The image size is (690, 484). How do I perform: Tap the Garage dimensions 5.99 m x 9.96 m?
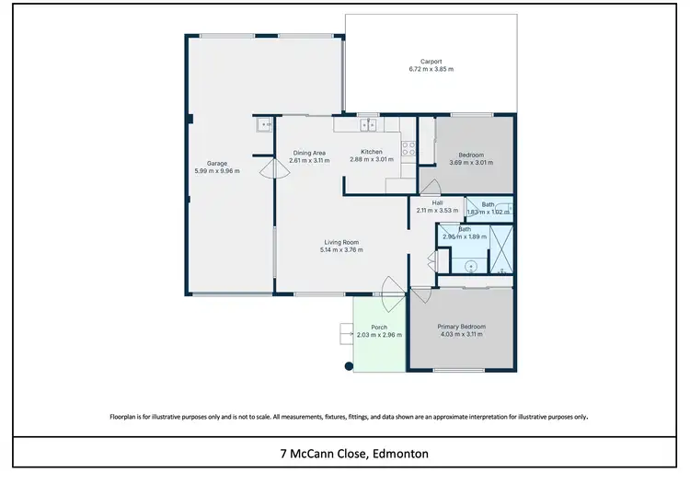[x=217, y=171]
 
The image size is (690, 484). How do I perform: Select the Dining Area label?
[x=309, y=153]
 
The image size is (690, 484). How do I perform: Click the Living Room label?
[x=341, y=242]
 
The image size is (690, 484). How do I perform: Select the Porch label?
[x=379, y=328]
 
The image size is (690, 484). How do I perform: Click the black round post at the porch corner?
[x=349, y=366]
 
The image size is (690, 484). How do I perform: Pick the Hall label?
[x=438, y=202]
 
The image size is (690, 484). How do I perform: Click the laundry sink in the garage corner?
[x=265, y=125]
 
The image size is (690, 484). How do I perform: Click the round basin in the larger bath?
[x=472, y=266]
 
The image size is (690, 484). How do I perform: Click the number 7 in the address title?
[x=283, y=454]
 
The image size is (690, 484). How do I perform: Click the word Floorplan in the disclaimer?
[x=127, y=417]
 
